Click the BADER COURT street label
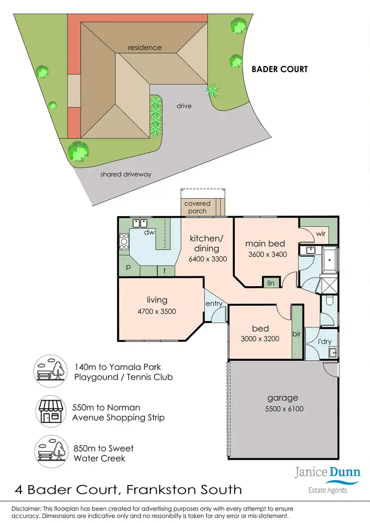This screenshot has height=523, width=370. point(279,69)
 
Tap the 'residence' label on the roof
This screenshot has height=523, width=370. point(145,48)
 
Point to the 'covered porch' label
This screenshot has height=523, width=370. point(197,207)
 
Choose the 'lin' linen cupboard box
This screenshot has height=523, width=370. point(270,282)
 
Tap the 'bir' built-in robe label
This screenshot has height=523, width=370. point(296,334)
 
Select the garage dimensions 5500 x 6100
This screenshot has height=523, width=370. point(283,409)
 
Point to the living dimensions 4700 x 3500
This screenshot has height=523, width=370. point(157,311)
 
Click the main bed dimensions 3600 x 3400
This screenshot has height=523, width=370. point(267,255)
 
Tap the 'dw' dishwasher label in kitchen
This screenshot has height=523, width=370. point(147,232)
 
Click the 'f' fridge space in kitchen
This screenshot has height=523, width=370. point(165,271)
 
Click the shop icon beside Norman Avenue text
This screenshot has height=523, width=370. point(51,411)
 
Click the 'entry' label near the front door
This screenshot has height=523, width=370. point(214,304)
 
